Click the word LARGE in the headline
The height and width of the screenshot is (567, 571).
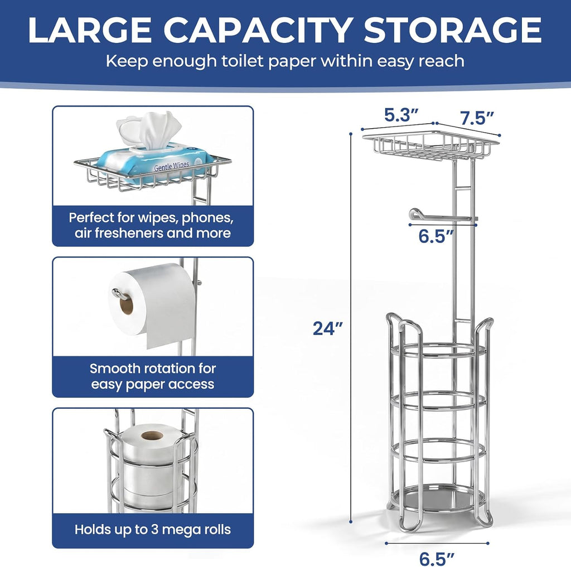coord(90,30)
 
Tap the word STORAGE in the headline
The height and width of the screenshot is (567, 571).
coord(453,30)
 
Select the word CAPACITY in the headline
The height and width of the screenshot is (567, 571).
coord(258,30)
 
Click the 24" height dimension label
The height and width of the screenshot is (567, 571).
coord(328,328)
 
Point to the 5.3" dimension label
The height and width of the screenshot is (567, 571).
coord(401,115)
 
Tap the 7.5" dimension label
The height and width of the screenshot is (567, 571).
coord(476,118)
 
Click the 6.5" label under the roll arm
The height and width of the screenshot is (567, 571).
coord(435,236)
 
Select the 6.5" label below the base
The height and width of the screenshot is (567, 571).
coord(437,559)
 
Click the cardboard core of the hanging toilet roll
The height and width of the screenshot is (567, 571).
coord(126,305)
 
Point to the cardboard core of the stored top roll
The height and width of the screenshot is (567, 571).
coord(152,435)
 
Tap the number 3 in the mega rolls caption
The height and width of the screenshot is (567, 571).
coord(154,529)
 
